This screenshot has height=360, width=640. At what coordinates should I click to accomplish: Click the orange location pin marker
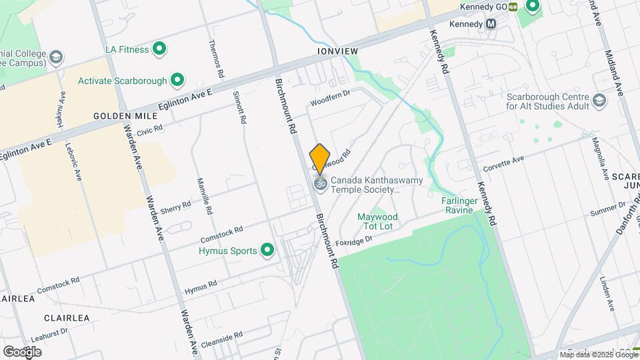(320, 159)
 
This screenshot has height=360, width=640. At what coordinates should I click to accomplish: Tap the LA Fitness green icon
(159, 49)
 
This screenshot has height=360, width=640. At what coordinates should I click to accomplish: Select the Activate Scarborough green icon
(177, 81)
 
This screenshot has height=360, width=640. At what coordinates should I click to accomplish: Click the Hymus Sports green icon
(268, 251)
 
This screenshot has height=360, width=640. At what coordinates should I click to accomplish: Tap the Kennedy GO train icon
(513, 7)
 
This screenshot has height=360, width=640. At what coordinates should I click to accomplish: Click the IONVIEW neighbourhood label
(338, 50)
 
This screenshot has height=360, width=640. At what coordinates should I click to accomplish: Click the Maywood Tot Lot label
(377, 221)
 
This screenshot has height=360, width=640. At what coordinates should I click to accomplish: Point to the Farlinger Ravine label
(457, 205)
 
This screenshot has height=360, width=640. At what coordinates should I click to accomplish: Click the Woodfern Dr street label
(329, 99)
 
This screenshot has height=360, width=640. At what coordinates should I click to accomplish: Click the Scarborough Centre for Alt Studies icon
(600, 100)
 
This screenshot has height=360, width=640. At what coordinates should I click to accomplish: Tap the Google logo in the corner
(22, 351)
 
